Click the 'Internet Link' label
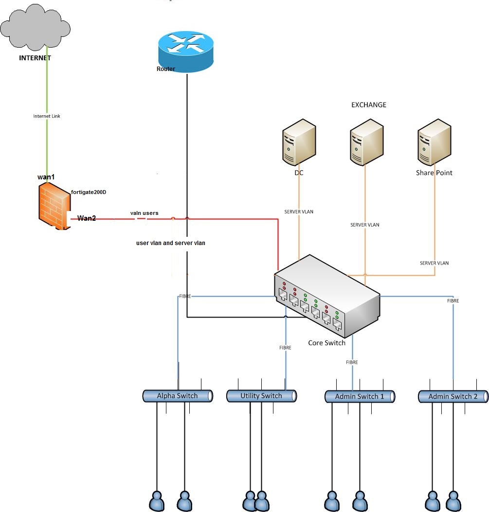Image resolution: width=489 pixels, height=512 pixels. pos(47,116)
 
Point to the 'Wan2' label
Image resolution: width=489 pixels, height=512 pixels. pos(87,218)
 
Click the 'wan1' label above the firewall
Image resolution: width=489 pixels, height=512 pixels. pos(46,177)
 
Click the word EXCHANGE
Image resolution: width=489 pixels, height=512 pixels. pos(369,105)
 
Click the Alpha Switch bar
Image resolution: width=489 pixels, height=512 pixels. pos(177,396)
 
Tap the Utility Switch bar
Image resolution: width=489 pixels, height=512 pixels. pos(261,396)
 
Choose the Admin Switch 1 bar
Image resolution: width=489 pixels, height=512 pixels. pos(360,397)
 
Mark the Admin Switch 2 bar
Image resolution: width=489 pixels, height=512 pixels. pos(453,397)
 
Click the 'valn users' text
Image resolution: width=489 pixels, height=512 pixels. pos(144,213)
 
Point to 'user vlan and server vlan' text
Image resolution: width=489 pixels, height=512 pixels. pos(171,243)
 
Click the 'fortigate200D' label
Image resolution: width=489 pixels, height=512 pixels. pos(89,192)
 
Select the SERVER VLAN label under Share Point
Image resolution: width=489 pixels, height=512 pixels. pos(434,263)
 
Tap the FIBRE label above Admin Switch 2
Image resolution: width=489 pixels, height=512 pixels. pos(453,300)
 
